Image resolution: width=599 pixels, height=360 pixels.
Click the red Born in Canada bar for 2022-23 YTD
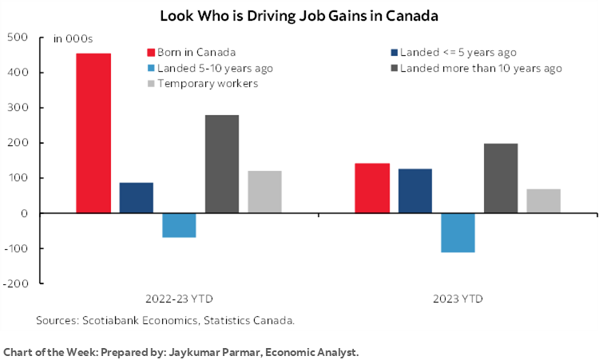point(93,133)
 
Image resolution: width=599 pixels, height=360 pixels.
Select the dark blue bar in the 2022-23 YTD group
point(137,198)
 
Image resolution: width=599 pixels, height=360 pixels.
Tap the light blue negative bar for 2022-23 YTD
point(180,225)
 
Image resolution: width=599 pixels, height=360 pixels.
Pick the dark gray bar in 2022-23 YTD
point(222,164)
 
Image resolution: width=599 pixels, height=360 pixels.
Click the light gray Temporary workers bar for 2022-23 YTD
point(265,192)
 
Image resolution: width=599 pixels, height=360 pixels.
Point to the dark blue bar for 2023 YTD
point(415,191)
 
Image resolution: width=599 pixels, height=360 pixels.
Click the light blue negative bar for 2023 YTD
point(458,232)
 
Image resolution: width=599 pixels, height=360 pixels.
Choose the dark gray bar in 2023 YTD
point(501,178)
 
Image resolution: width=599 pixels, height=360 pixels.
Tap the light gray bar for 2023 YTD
point(543,201)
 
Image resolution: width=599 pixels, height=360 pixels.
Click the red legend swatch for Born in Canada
point(151,53)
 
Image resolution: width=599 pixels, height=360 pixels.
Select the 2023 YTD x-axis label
point(457,299)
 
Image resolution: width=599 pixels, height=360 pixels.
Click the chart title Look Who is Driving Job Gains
point(299,15)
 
